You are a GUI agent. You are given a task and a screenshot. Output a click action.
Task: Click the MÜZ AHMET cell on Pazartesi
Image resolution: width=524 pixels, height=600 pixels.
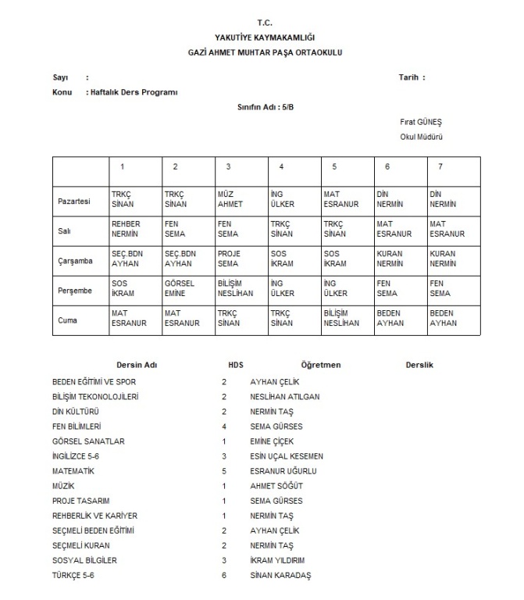pos(230,201)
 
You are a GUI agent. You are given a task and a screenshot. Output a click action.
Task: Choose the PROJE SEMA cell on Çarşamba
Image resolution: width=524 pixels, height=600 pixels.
pos(230,259)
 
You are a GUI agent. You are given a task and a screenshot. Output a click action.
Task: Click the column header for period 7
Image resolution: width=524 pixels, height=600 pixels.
pos(440,166)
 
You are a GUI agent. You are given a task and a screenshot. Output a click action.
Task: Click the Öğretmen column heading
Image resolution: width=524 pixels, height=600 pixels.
pos(320,365)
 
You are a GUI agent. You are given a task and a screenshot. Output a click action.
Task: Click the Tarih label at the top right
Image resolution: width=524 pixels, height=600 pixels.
pos(411,77)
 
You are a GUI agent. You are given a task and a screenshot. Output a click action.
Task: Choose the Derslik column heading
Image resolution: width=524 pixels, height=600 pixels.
pos(419,365)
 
